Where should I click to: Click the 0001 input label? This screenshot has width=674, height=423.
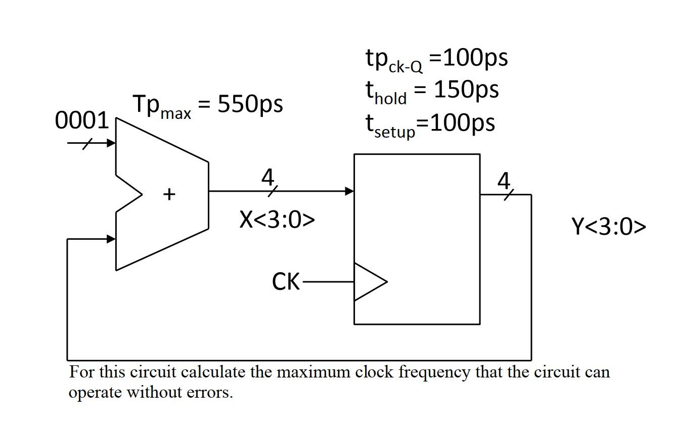point(81,121)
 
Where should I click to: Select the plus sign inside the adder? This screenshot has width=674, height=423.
point(169,194)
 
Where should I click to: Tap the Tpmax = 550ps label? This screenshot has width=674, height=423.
point(208,105)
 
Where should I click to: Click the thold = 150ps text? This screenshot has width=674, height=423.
point(432,91)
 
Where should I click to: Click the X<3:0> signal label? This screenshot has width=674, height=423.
point(277,220)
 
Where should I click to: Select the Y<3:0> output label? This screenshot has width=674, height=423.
point(609,227)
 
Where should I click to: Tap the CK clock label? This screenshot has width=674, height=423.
point(286,282)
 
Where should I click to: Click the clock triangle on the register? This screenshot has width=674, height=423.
point(368,282)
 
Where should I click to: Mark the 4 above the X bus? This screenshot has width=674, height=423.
point(268,178)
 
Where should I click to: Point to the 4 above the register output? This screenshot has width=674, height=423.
point(504,181)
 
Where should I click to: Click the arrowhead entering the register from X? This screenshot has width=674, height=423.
point(349,191)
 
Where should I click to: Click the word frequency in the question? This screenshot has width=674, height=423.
point(435,373)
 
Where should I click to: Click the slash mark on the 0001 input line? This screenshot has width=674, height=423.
point(87,144)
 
